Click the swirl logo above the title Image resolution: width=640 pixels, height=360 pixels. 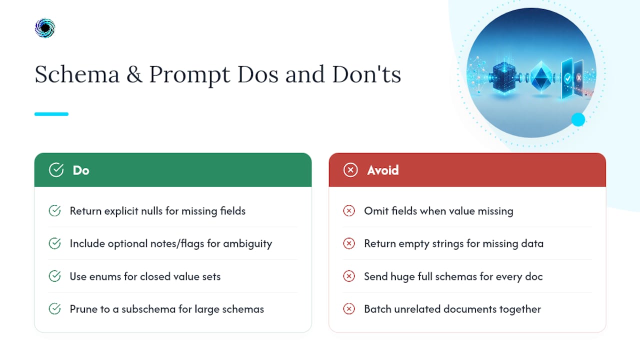tap(45, 28)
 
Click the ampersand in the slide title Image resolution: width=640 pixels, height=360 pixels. tap(134, 74)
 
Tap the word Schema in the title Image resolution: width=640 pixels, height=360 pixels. tap(77, 74)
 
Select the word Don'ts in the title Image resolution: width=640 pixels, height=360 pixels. tap(366, 74)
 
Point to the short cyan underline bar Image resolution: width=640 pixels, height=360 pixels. tap(51, 114)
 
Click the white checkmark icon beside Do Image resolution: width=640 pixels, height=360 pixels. tap(56, 170)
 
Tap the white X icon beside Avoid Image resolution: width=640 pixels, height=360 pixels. tap(350, 170)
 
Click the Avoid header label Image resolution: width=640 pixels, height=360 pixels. tap(383, 170)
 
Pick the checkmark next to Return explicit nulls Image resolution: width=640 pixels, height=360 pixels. tap(54, 211)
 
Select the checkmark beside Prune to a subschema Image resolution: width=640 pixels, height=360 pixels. tap(54, 309)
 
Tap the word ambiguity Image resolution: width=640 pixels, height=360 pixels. tap(247, 244)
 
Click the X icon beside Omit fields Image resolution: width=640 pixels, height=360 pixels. tap(349, 211)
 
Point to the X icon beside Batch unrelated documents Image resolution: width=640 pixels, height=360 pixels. tap(349, 309)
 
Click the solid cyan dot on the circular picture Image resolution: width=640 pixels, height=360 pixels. tap(578, 119)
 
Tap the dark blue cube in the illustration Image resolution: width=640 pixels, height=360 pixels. tap(504, 77)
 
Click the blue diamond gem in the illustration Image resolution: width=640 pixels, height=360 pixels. tap(541, 76)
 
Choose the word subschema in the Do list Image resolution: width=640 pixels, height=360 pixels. tap(148, 309)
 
